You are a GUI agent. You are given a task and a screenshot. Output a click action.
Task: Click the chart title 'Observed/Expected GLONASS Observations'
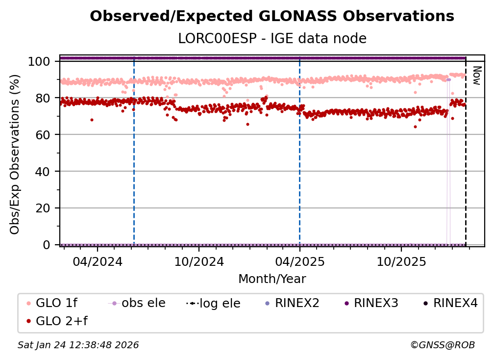[x=272, y=16]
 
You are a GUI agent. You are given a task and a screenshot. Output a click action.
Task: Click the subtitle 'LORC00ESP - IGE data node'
[x=272, y=38]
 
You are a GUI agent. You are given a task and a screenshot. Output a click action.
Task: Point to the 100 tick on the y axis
[x=39, y=61]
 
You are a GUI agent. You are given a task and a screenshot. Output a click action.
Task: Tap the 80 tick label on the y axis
[x=43, y=98]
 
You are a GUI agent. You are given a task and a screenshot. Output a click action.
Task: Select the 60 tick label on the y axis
[x=43, y=135]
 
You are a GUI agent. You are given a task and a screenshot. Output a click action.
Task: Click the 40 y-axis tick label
[x=43, y=172]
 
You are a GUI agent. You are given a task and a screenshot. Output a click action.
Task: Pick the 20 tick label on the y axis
[x=43, y=208]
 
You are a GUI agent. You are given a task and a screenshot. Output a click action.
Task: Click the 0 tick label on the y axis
[x=47, y=245]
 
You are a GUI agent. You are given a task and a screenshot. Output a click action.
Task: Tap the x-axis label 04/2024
[x=97, y=261]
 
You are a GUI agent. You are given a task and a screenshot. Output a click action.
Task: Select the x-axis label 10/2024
[x=198, y=261]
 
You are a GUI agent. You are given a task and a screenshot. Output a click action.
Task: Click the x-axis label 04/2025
[x=299, y=261]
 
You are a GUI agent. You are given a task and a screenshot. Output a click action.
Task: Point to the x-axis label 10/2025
[x=401, y=261]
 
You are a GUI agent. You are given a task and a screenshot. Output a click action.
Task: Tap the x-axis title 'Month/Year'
[x=272, y=279]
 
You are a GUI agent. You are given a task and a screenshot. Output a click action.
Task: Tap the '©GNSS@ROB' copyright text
[x=442, y=345]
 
